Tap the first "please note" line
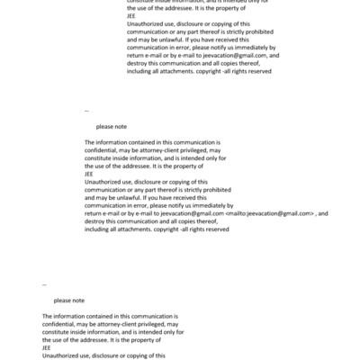(111, 127)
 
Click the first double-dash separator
(86, 111)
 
